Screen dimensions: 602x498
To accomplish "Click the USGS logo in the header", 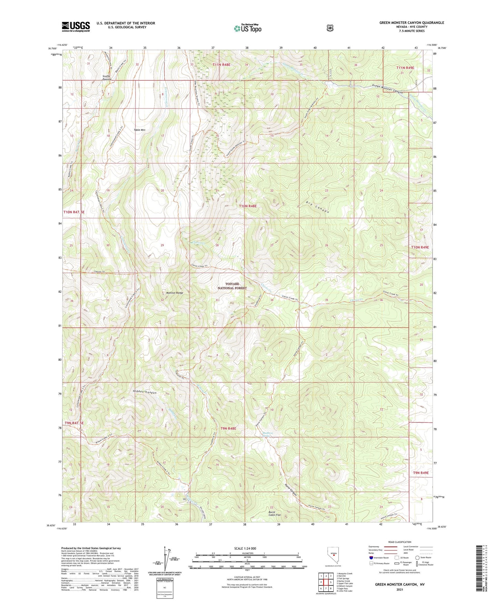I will [76, 27].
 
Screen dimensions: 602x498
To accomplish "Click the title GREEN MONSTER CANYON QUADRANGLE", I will [411, 23].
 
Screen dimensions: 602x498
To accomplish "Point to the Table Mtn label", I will [140, 130].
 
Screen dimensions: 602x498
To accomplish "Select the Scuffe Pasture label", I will [107, 78].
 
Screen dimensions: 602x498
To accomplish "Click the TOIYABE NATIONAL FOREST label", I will [232, 286].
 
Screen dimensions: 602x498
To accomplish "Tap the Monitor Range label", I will [174, 293].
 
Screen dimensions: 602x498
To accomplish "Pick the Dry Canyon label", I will [317, 207].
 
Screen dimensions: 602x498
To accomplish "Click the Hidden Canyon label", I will [144, 393].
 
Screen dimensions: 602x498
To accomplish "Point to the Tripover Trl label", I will [99, 272].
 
